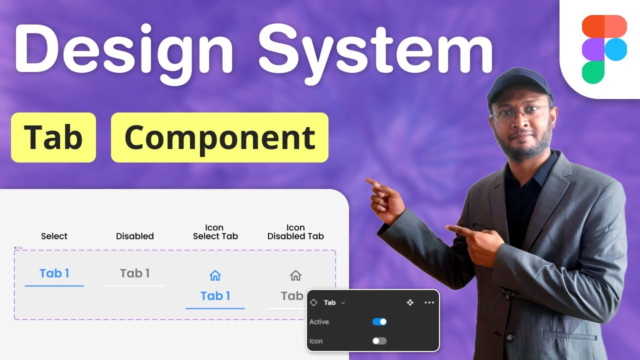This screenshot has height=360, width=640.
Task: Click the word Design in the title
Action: (x=123, y=49)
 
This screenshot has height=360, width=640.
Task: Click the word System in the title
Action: (x=375, y=49)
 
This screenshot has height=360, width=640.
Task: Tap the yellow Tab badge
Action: (x=53, y=137)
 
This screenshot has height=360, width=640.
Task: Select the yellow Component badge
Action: (x=219, y=137)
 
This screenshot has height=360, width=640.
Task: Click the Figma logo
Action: (x=604, y=49)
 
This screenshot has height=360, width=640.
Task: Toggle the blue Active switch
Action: (x=379, y=321)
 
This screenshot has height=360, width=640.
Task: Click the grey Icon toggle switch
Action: (x=379, y=341)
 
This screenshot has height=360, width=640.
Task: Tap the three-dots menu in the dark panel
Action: (x=429, y=302)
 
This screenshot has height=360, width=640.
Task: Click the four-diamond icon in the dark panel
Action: (x=410, y=302)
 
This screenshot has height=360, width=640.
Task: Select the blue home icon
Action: (x=215, y=275)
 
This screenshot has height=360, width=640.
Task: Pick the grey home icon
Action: (x=295, y=275)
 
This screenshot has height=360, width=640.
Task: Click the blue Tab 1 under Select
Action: (x=54, y=273)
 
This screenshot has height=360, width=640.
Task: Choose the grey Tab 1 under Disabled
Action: (x=134, y=273)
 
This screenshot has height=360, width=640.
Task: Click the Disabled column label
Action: (x=134, y=236)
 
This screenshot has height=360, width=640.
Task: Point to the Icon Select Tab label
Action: (x=215, y=232)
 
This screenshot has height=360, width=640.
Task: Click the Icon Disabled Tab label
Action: (x=295, y=232)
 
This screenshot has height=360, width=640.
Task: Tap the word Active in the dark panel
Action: (x=319, y=322)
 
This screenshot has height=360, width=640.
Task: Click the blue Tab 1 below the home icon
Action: (x=215, y=296)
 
